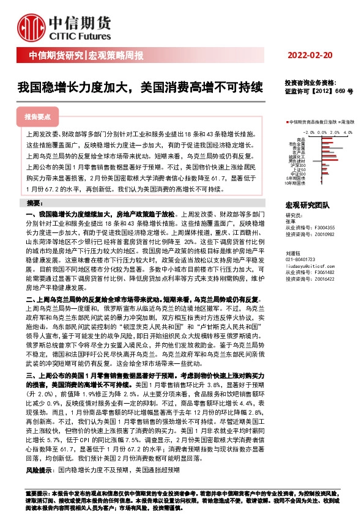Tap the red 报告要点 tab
[37, 116]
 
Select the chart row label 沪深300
[299, 165]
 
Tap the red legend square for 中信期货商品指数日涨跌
[287, 123]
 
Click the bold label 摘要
[34, 203]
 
